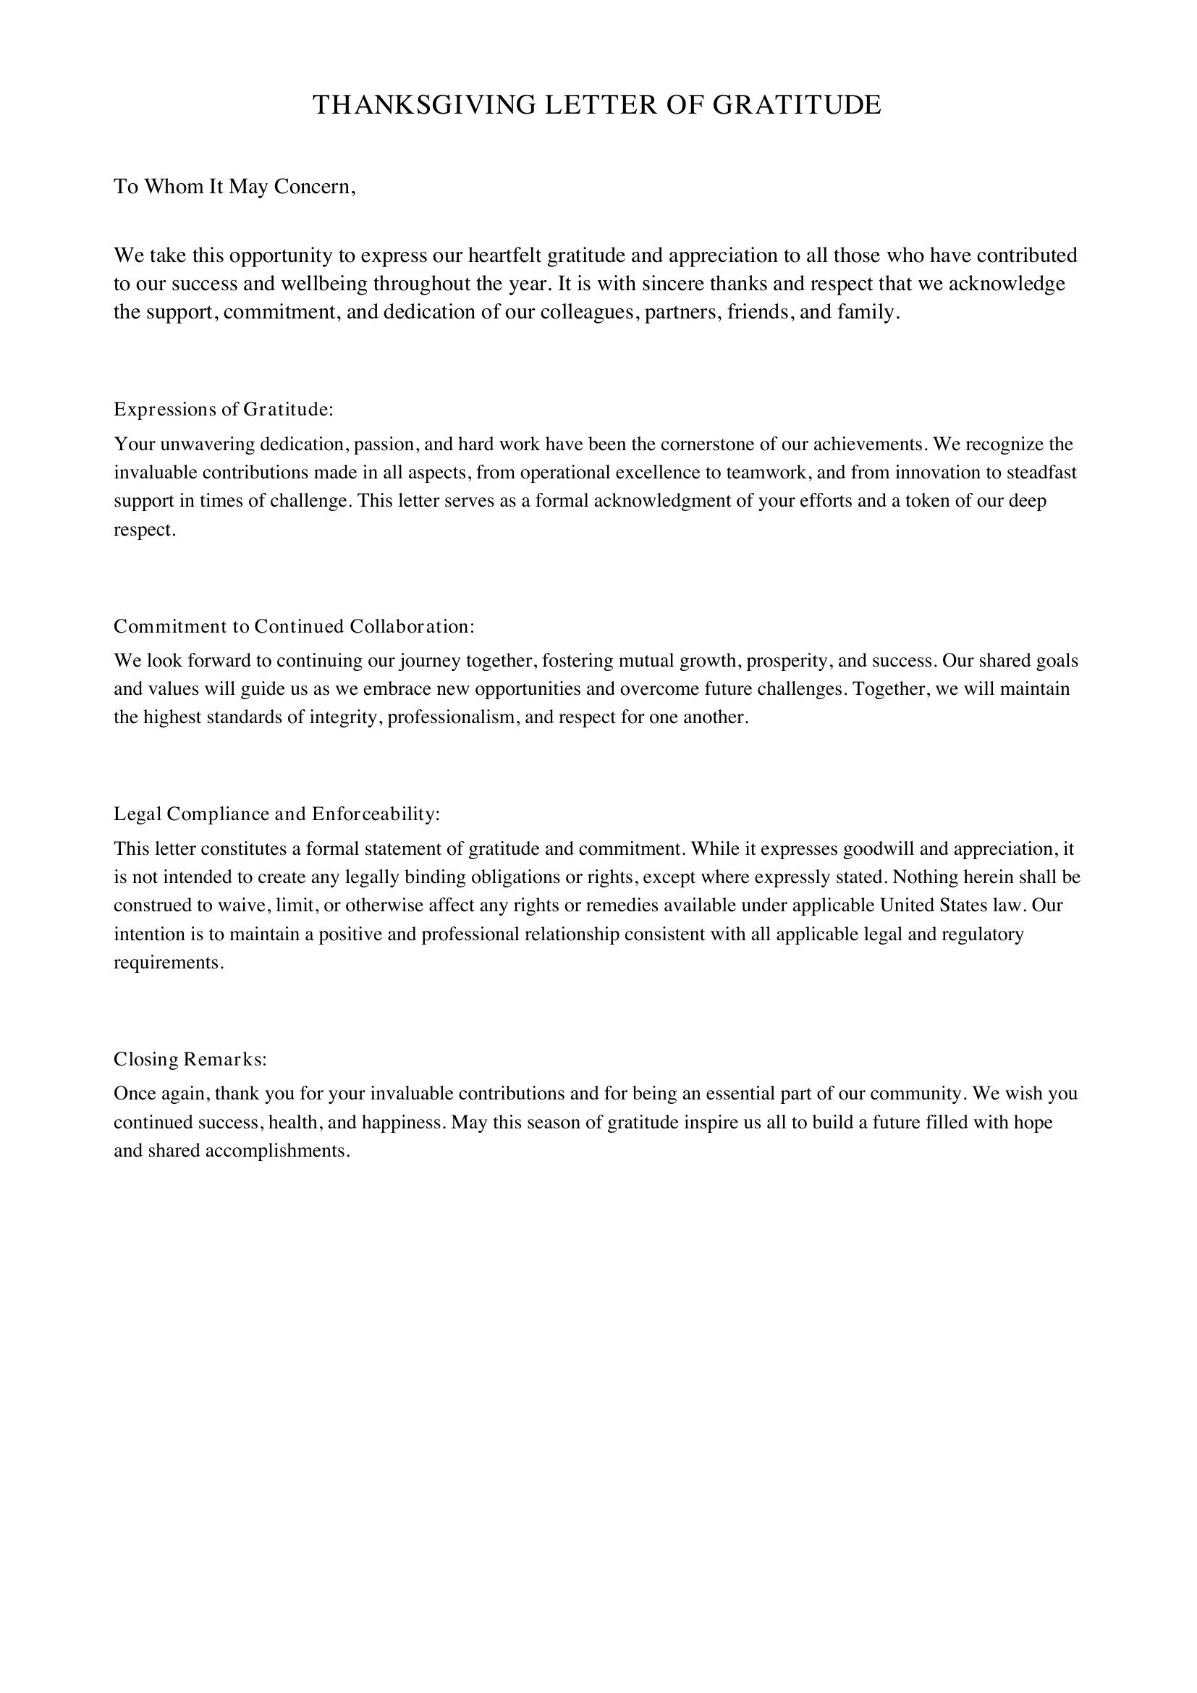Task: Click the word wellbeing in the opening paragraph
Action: click(x=321, y=284)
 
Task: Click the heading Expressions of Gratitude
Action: click(x=224, y=409)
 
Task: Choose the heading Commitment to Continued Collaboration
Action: click(x=293, y=627)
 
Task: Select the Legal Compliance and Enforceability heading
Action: click(x=276, y=815)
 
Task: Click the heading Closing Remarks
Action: click(x=190, y=1060)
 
